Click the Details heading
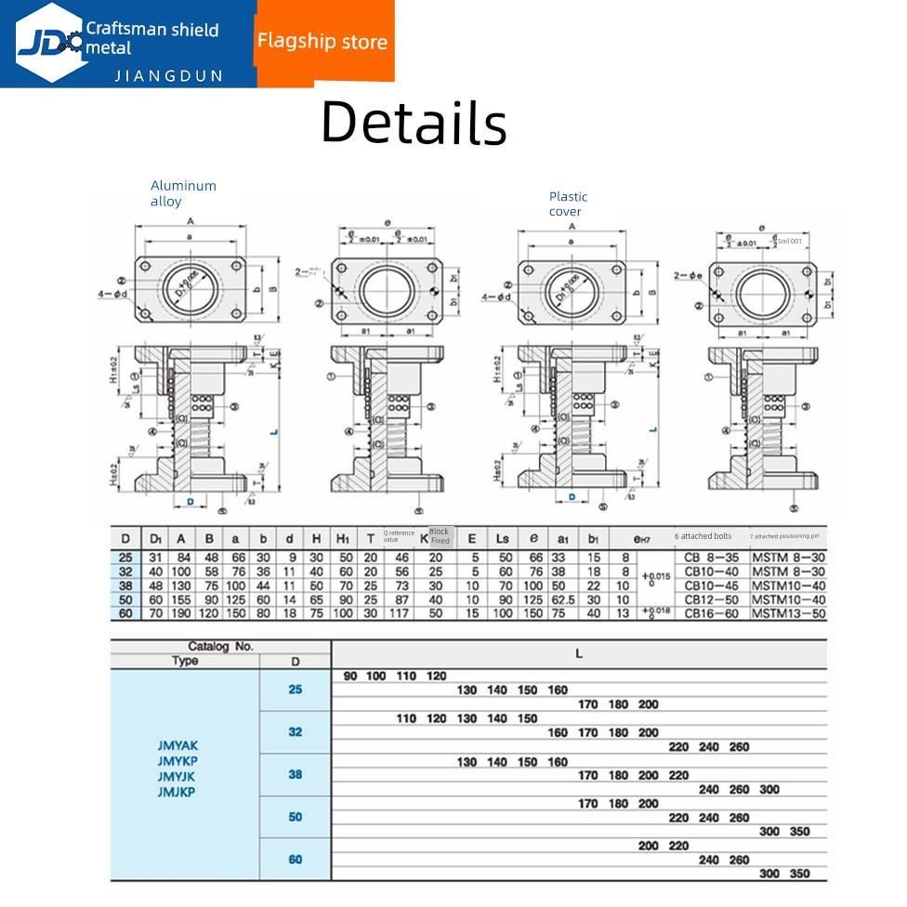pos(414,123)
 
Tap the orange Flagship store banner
pos(322,42)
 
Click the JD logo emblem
pos(48,42)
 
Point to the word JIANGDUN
pos(168,75)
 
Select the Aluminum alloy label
pos(183,193)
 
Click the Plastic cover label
pos(568,204)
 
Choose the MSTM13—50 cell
pos(788,613)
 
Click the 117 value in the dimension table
pos(402,613)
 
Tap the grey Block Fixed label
pos(440,536)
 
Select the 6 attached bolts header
pos(703,536)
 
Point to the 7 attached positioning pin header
pos(786,536)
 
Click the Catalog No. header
pos(221,647)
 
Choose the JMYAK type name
pos(178,745)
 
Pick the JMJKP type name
pos(178,791)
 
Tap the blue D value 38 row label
pos(296,774)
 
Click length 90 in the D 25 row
pos(350,676)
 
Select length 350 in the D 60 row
pos(799,874)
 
